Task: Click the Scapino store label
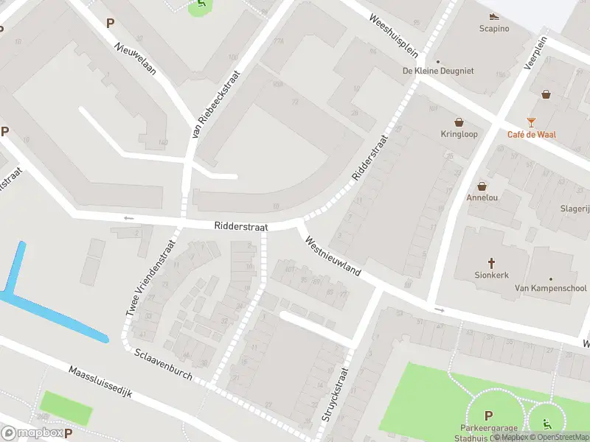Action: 494,29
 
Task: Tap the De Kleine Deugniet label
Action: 437,71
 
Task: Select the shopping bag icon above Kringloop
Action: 459,122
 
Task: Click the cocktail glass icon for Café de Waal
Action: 531,122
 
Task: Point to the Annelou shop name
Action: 482,197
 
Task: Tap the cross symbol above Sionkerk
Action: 491,262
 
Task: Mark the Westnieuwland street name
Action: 332,256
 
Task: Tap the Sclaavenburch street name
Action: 163,365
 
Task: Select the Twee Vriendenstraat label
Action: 150,278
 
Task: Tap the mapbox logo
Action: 32,433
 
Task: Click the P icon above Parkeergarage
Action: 489,415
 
